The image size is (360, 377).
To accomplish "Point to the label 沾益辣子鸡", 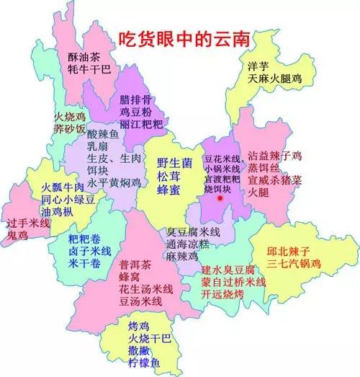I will [x=277, y=154].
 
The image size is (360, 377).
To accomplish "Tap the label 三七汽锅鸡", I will [x=297, y=265].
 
